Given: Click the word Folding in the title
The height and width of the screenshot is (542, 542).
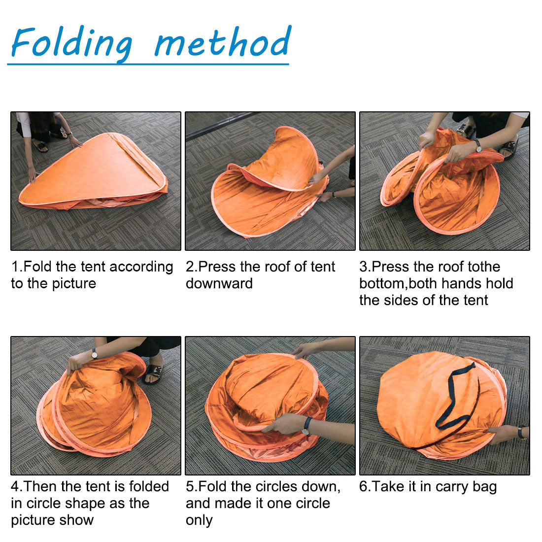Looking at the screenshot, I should [x=71, y=43].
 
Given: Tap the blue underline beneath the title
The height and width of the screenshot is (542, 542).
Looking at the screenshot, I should [x=148, y=64].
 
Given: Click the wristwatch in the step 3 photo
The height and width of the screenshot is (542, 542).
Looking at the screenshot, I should [x=477, y=145].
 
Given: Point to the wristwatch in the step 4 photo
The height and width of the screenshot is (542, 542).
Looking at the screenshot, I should [x=94, y=353].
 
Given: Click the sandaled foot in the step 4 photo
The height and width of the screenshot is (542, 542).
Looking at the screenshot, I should [x=153, y=373].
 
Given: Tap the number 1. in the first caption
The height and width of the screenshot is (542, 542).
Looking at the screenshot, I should [x=17, y=267].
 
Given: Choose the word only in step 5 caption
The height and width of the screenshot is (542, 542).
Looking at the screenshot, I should [x=199, y=521].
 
